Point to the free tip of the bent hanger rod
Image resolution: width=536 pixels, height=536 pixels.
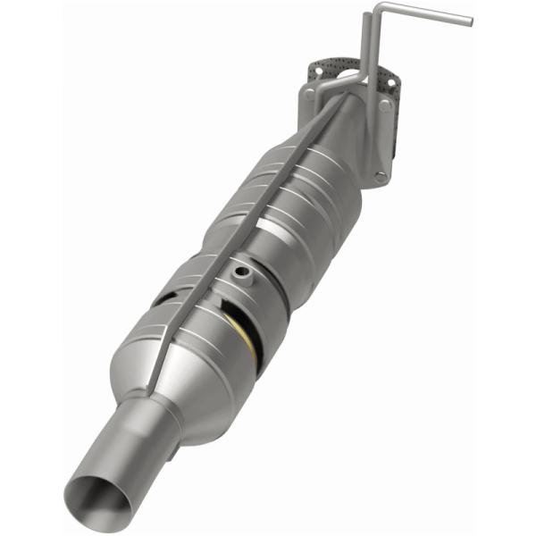[x=468, y=19]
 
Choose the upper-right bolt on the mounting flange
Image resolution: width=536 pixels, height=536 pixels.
[x=385, y=105]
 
